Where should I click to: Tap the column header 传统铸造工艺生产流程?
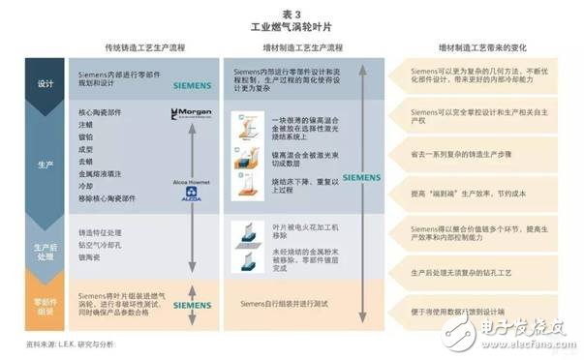[x=144, y=46]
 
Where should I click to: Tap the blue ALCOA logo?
[x=190, y=195]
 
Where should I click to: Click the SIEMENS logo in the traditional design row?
[x=190, y=86]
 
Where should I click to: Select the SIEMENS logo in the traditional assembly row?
[x=190, y=305]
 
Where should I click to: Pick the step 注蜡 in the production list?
[x=87, y=126]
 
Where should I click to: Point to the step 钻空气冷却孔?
[x=102, y=244]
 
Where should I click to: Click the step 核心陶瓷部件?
[x=100, y=113]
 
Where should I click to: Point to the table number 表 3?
[x=292, y=9]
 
